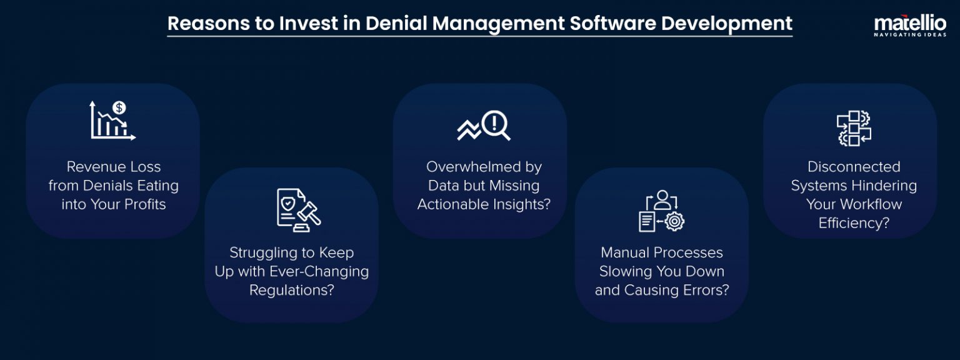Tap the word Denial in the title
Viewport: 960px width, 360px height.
(x=396, y=24)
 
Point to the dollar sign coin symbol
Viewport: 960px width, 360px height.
(x=119, y=107)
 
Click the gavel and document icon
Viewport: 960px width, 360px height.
(x=298, y=209)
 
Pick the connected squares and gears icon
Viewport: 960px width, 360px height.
(x=853, y=128)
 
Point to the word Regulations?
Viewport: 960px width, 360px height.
(x=291, y=291)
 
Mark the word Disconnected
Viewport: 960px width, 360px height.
(x=854, y=167)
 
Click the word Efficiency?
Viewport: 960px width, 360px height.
(x=854, y=223)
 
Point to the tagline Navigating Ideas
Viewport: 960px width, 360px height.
(x=909, y=35)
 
